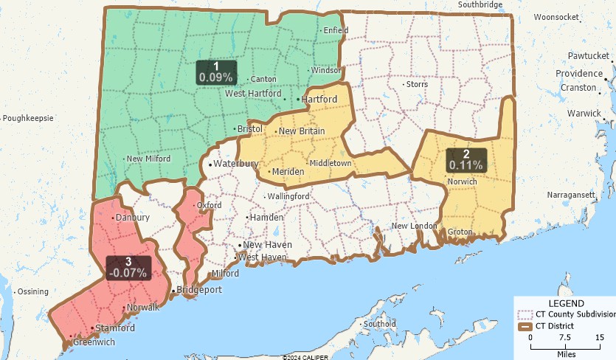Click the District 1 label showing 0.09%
click(215, 72)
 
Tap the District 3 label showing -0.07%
click(128, 267)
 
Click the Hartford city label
click(319, 99)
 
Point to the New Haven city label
click(267, 245)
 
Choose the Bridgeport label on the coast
click(199, 290)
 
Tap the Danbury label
click(133, 218)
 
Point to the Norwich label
click(463, 181)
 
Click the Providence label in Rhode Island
click(578, 74)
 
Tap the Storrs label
click(417, 84)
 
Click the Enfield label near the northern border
click(336, 30)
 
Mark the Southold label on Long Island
click(380, 323)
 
